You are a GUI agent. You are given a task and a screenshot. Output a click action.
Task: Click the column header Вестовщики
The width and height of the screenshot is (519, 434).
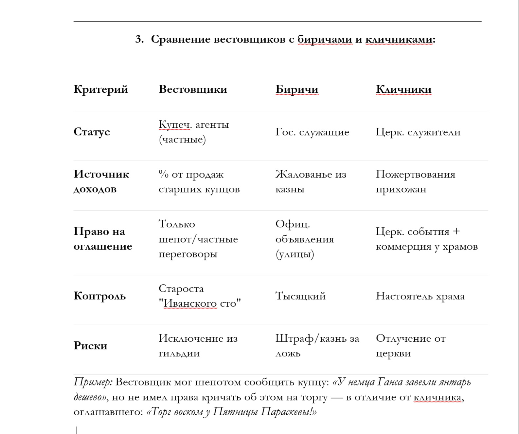(x=193, y=89)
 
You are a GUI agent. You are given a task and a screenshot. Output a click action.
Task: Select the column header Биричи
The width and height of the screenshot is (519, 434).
(x=296, y=89)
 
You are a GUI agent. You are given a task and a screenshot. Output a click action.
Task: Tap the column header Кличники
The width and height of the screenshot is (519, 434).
(x=403, y=89)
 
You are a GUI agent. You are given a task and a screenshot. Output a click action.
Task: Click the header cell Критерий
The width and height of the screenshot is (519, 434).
(x=100, y=89)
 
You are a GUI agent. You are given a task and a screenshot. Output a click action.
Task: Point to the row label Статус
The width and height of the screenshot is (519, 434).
(x=92, y=132)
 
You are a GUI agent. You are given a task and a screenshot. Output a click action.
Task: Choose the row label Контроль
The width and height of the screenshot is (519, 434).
(x=99, y=296)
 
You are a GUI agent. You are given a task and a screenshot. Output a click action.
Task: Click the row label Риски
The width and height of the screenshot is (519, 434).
(x=90, y=346)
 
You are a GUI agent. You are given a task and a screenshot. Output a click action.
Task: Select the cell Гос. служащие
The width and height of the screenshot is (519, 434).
(x=312, y=132)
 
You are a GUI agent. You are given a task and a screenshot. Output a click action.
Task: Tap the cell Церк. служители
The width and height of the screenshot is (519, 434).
(x=418, y=132)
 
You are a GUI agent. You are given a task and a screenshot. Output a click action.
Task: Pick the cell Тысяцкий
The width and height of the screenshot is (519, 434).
(x=300, y=296)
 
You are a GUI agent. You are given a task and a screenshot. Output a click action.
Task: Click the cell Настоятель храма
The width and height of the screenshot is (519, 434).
(x=420, y=296)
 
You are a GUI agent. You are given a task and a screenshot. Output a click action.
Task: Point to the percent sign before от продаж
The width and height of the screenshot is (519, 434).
(x=163, y=174)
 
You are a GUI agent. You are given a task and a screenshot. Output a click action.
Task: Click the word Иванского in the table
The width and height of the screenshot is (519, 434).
(x=190, y=303)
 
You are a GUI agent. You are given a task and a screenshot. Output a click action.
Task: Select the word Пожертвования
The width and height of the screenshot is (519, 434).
(x=415, y=174)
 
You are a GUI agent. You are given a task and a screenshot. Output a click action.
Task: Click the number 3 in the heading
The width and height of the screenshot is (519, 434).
(x=139, y=39)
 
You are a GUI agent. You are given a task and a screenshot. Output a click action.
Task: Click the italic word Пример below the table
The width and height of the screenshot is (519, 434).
(x=93, y=382)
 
